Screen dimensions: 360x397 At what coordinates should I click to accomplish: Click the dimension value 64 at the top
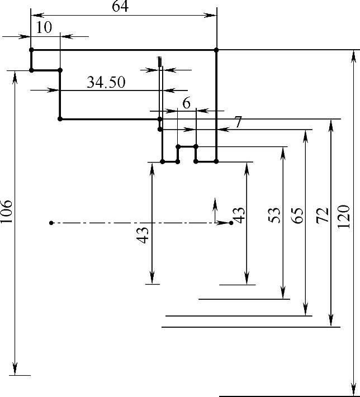coord(120,7)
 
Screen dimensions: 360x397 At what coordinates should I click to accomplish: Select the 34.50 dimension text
coord(106,83)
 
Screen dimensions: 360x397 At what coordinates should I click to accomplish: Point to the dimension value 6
coord(186,103)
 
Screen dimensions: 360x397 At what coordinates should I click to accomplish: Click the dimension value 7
coord(238,122)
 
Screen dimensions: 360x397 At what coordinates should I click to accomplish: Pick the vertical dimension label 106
coord(7,212)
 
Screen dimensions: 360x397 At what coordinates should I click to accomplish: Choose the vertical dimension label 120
coord(344,215)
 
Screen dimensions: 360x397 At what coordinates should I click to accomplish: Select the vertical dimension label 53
coord(274,215)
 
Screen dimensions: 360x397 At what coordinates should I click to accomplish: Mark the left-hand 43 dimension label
coord(143,235)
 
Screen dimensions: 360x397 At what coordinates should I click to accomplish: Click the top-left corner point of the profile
coord(31,50)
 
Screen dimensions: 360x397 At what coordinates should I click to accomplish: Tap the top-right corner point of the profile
coord(216,50)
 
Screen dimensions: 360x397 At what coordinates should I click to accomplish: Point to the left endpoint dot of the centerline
coord(51,223)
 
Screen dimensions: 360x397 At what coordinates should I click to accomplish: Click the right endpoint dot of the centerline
coord(231,223)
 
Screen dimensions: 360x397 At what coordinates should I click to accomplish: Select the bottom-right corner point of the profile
coord(216,162)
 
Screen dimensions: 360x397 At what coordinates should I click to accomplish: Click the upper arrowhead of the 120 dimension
coord(352,55)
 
